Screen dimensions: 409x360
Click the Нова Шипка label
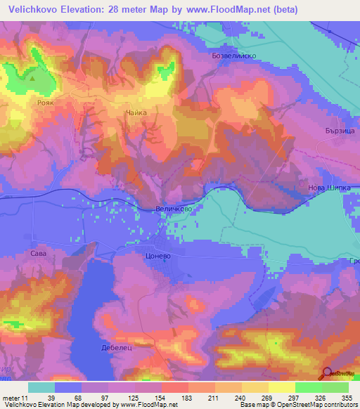[x=328, y=188]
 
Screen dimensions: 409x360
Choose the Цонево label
[x=158, y=257]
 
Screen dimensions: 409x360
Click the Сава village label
[x=38, y=249]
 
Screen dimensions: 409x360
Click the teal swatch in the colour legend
[x=41, y=387]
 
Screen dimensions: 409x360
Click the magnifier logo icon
[x=327, y=374]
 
